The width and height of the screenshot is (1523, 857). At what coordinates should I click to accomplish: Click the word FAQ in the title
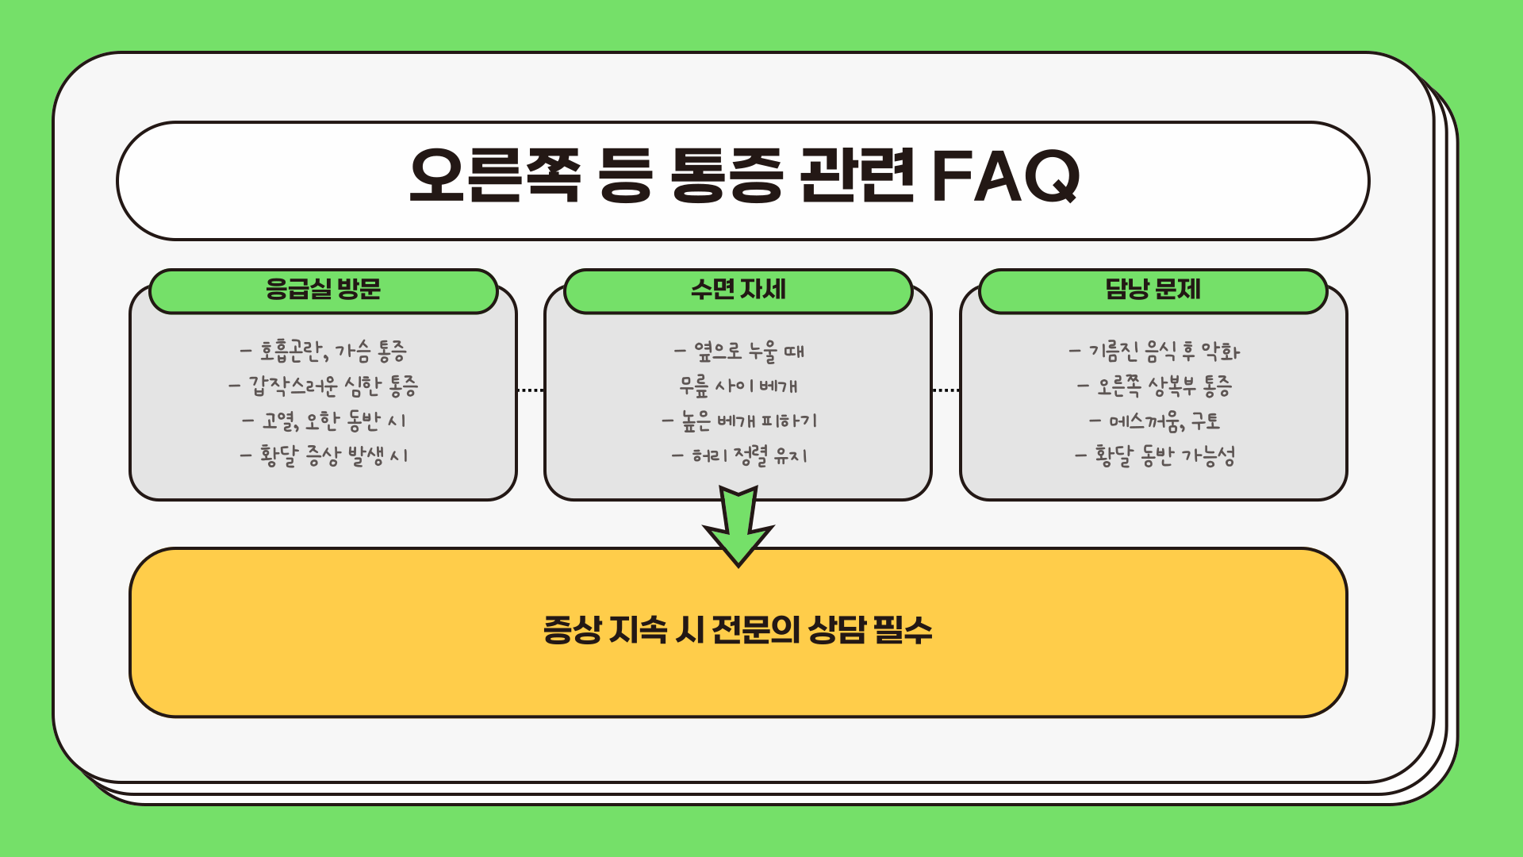pos(1006,176)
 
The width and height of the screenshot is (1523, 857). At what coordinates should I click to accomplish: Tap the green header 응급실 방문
pos(323,290)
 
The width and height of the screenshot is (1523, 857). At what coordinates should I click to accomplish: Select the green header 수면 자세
pos(738,290)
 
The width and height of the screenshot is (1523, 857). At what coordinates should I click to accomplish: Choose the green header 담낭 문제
pos(1153,290)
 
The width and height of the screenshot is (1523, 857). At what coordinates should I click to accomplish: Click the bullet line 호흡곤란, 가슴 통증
pos(324,350)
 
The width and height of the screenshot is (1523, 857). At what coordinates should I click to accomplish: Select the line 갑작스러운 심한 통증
pos(324,386)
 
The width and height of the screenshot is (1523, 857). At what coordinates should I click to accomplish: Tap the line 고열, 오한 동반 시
pos(324,421)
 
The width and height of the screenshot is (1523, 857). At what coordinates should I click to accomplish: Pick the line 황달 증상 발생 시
pos(324,455)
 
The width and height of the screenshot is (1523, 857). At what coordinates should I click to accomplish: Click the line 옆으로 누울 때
pos(739,351)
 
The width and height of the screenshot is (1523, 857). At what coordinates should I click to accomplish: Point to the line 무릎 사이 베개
pos(738,386)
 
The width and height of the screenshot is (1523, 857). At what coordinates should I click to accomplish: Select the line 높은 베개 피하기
pos(739,421)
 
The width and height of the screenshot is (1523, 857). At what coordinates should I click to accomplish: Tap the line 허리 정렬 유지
pos(739,455)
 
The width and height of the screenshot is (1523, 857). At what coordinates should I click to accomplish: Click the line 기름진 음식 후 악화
pos(1154,351)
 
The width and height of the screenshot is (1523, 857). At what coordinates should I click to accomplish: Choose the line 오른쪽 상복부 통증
pos(1154,386)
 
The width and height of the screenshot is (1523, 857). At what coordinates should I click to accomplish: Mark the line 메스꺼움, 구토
pos(1154,421)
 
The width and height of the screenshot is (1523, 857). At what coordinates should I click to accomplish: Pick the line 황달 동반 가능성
pos(1154,455)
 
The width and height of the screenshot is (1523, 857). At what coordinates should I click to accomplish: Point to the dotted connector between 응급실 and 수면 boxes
pos(530,390)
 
